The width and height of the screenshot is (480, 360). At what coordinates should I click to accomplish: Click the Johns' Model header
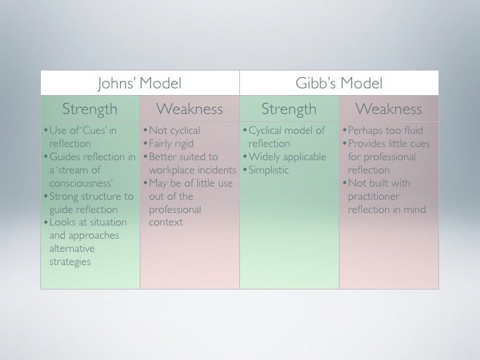click(x=139, y=84)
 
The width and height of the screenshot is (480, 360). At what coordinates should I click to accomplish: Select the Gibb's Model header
click(x=339, y=84)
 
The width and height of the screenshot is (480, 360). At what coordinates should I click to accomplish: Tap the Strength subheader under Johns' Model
click(x=90, y=109)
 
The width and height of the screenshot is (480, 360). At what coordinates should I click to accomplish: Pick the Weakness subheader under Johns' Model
click(x=189, y=109)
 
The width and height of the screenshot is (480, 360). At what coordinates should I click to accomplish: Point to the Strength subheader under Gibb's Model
click(x=289, y=109)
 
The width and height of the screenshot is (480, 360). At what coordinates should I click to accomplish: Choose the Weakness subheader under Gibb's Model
click(x=388, y=109)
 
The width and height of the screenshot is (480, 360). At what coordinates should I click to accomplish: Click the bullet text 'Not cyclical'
click(x=174, y=131)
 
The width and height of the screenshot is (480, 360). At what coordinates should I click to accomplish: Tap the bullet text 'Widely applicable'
click(x=287, y=157)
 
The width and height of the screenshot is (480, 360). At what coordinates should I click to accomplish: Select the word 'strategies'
click(x=70, y=262)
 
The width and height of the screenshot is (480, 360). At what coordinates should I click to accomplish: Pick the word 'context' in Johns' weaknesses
click(x=166, y=223)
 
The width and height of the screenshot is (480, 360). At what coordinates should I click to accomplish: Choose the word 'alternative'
click(x=72, y=249)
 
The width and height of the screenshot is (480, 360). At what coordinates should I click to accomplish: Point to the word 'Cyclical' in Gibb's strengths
click(x=268, y=131)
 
